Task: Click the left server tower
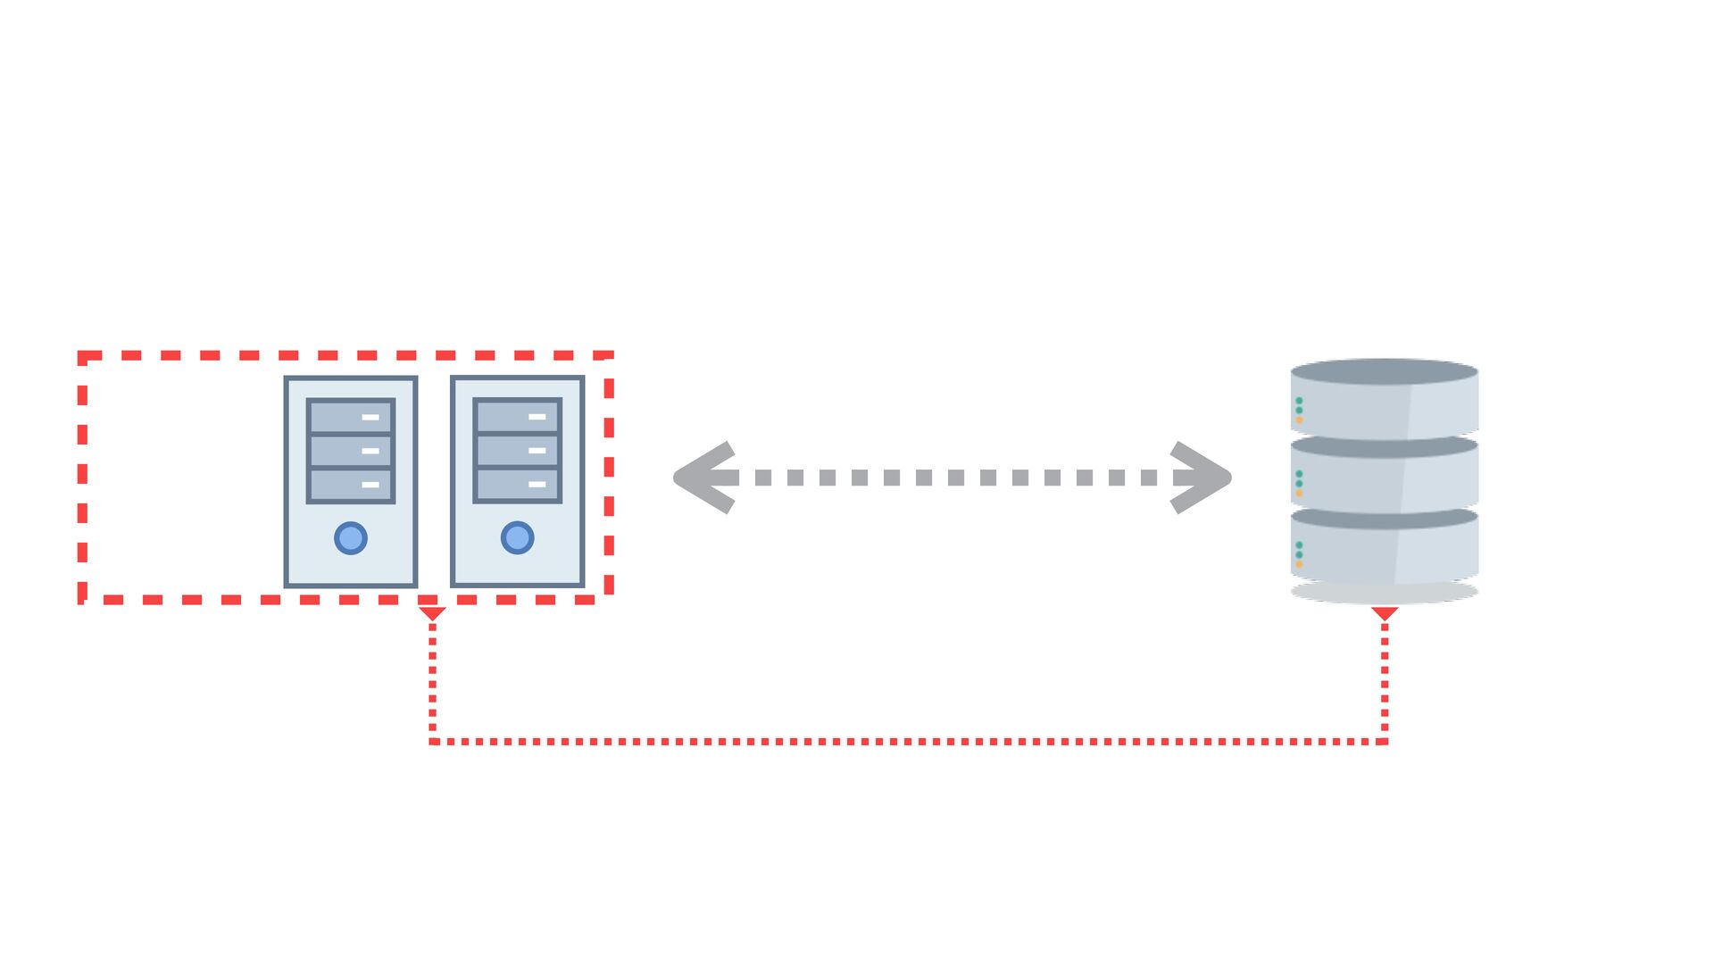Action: [351, 482]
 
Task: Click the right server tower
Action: [518, 482]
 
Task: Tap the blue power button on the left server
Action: [351, 538]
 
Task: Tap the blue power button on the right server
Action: [518, 538]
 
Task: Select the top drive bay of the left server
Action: [351, 417]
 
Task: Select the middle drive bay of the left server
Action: [351, 451]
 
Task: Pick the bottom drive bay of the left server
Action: [351, 485]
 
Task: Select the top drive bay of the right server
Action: [518, 416]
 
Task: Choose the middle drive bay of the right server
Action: [518, 450]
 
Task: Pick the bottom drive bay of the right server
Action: [518, 484]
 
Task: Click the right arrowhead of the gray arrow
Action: [1202, 478]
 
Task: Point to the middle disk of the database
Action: [1384, 477]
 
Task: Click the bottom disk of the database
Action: [1384, 549]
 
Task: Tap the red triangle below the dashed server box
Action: [432, 613]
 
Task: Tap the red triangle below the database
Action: [1385, 613]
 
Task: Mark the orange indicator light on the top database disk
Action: [1299, 420]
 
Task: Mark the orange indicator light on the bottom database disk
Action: [1299, 564]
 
